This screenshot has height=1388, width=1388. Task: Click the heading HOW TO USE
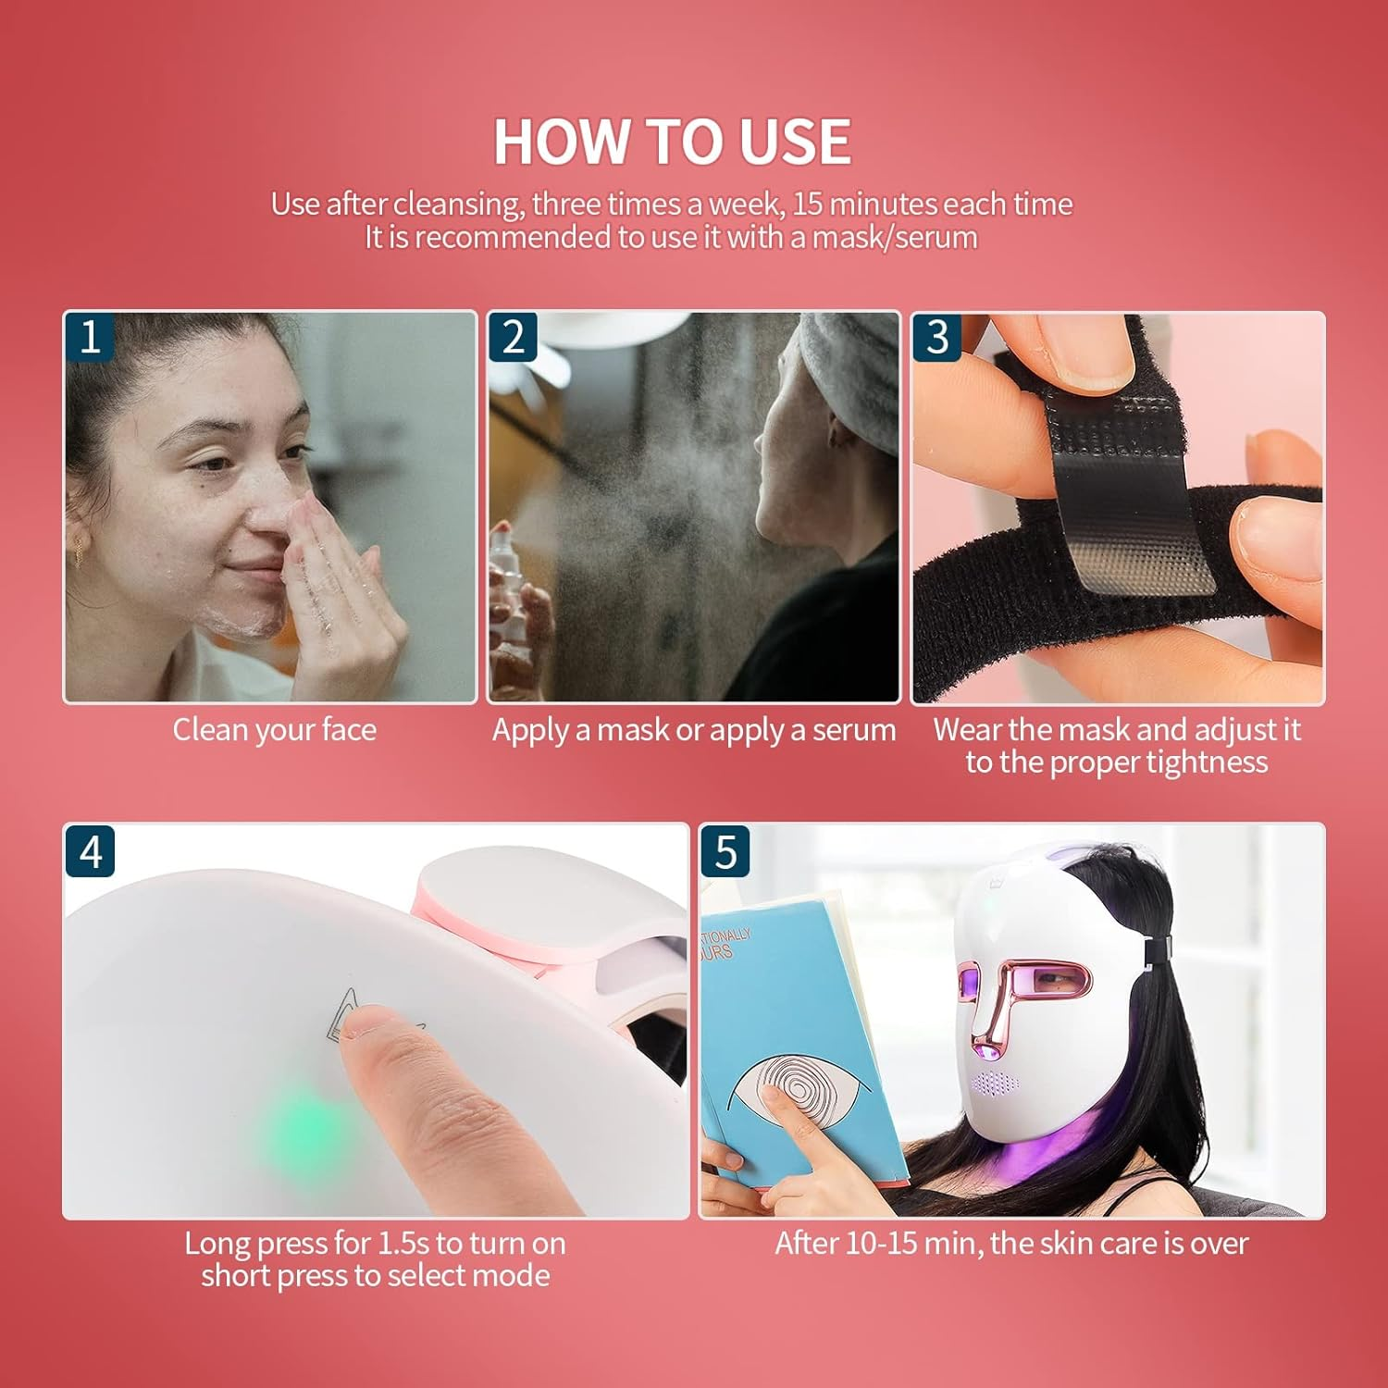672,142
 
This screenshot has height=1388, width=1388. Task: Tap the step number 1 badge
90,337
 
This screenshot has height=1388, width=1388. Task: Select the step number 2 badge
513,337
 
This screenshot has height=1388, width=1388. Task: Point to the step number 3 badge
936,337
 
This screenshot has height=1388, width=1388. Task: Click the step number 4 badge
90,850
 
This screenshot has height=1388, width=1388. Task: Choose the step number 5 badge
725,850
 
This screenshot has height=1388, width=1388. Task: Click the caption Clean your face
274,730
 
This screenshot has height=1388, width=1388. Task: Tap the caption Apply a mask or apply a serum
693,730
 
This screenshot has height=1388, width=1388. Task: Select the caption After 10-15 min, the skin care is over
1011,1243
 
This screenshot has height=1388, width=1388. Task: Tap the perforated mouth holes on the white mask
996,1082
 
